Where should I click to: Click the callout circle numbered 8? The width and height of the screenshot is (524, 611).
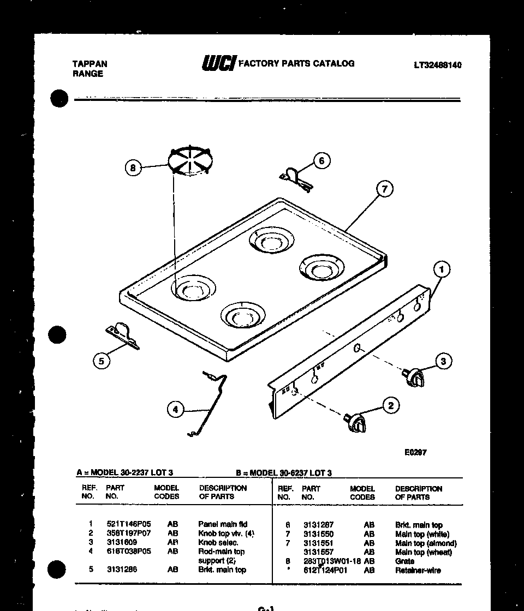coord(133,168)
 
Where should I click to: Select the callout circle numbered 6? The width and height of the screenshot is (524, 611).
coord(321,160)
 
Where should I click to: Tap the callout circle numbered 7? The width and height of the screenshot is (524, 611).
coord(384,189)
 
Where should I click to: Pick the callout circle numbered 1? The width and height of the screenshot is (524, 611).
coord(442,268)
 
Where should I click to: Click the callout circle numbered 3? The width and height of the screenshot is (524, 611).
coord(443,361)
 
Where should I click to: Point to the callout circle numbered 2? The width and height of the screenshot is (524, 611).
coord(390,405)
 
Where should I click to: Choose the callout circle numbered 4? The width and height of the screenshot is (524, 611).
coord(175,409)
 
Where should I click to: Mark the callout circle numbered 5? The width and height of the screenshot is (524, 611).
coord(101,361)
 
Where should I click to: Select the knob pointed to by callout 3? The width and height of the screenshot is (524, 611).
coord(414,376)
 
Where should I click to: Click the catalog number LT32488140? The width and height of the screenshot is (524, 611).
coord(437,65)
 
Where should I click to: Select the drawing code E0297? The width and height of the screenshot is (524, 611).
coord(415,452)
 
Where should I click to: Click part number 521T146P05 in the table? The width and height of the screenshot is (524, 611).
coord(128,524)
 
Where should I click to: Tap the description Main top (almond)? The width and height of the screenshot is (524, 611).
coord(426,543)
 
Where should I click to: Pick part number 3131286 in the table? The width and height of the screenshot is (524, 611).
coord(122,570)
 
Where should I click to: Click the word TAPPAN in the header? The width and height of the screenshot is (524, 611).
coord(90,64)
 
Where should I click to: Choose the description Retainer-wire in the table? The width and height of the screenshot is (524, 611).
coord(418,570)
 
